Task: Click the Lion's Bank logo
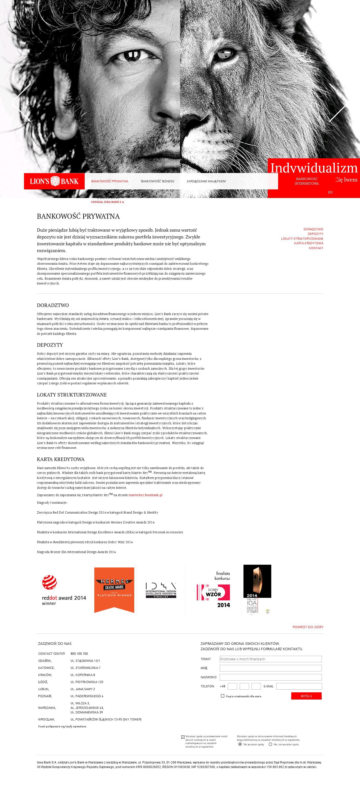point(54,181)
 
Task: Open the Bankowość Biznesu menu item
point(157,181)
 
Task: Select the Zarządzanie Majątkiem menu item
point(206,181)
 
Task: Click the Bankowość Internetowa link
point(307,181)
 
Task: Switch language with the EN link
point(330,192)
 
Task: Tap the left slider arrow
point(21,103)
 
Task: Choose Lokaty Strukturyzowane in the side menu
point(302,239)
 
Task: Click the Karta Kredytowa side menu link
point(308,243)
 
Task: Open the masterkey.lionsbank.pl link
point(145,495)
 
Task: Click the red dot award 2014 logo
point(64,590)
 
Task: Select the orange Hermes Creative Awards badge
point(114,590)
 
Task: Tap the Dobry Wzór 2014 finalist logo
point(213,590)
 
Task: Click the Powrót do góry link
point(308,627)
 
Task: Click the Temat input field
point(271,659)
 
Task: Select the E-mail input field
point(299,686)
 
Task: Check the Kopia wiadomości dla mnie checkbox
point(222,696)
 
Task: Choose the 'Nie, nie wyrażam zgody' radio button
point(270,744)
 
